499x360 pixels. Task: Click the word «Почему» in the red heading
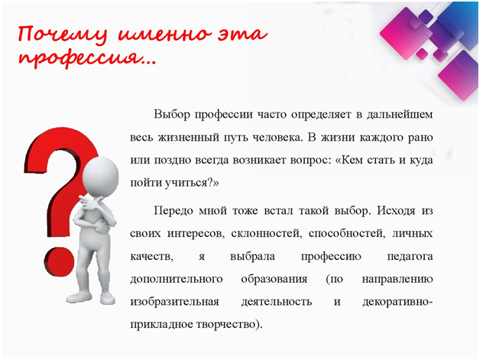[x=63, y=34]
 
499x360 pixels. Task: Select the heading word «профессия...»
[x=87, y=58]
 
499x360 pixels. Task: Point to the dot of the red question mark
[x=60, y=262]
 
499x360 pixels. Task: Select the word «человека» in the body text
[x=277, y=137]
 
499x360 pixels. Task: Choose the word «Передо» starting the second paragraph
[x=173, y=211]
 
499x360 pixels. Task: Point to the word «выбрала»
[x=253, y=257]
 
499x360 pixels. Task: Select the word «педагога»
[x=410, y=257]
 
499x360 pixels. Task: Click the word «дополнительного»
[x=177, y=280]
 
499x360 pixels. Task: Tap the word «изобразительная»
[x=175, y=302]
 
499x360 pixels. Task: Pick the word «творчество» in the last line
[x=225, y=325]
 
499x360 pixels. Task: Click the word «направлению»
[x=397, y=280]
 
